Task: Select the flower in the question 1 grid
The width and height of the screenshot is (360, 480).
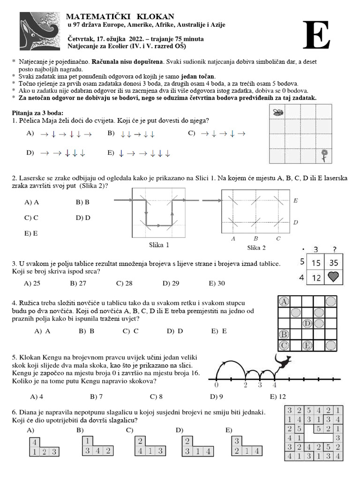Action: coord(323,155)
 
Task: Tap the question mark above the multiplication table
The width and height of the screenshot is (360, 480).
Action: coord(334,250)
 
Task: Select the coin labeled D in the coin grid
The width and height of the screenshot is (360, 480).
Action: coord(307,323)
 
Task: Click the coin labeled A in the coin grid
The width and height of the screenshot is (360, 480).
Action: coord(284,301)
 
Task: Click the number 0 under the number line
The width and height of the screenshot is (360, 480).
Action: coord(216,385)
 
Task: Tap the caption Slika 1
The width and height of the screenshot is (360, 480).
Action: coord(159,245)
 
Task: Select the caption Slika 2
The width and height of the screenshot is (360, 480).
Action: coord(256,247)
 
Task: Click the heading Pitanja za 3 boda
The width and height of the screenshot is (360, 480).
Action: coord(37,113)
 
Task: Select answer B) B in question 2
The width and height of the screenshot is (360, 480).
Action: coord(82,202)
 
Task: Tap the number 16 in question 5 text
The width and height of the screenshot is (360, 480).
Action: coord(195,373)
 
